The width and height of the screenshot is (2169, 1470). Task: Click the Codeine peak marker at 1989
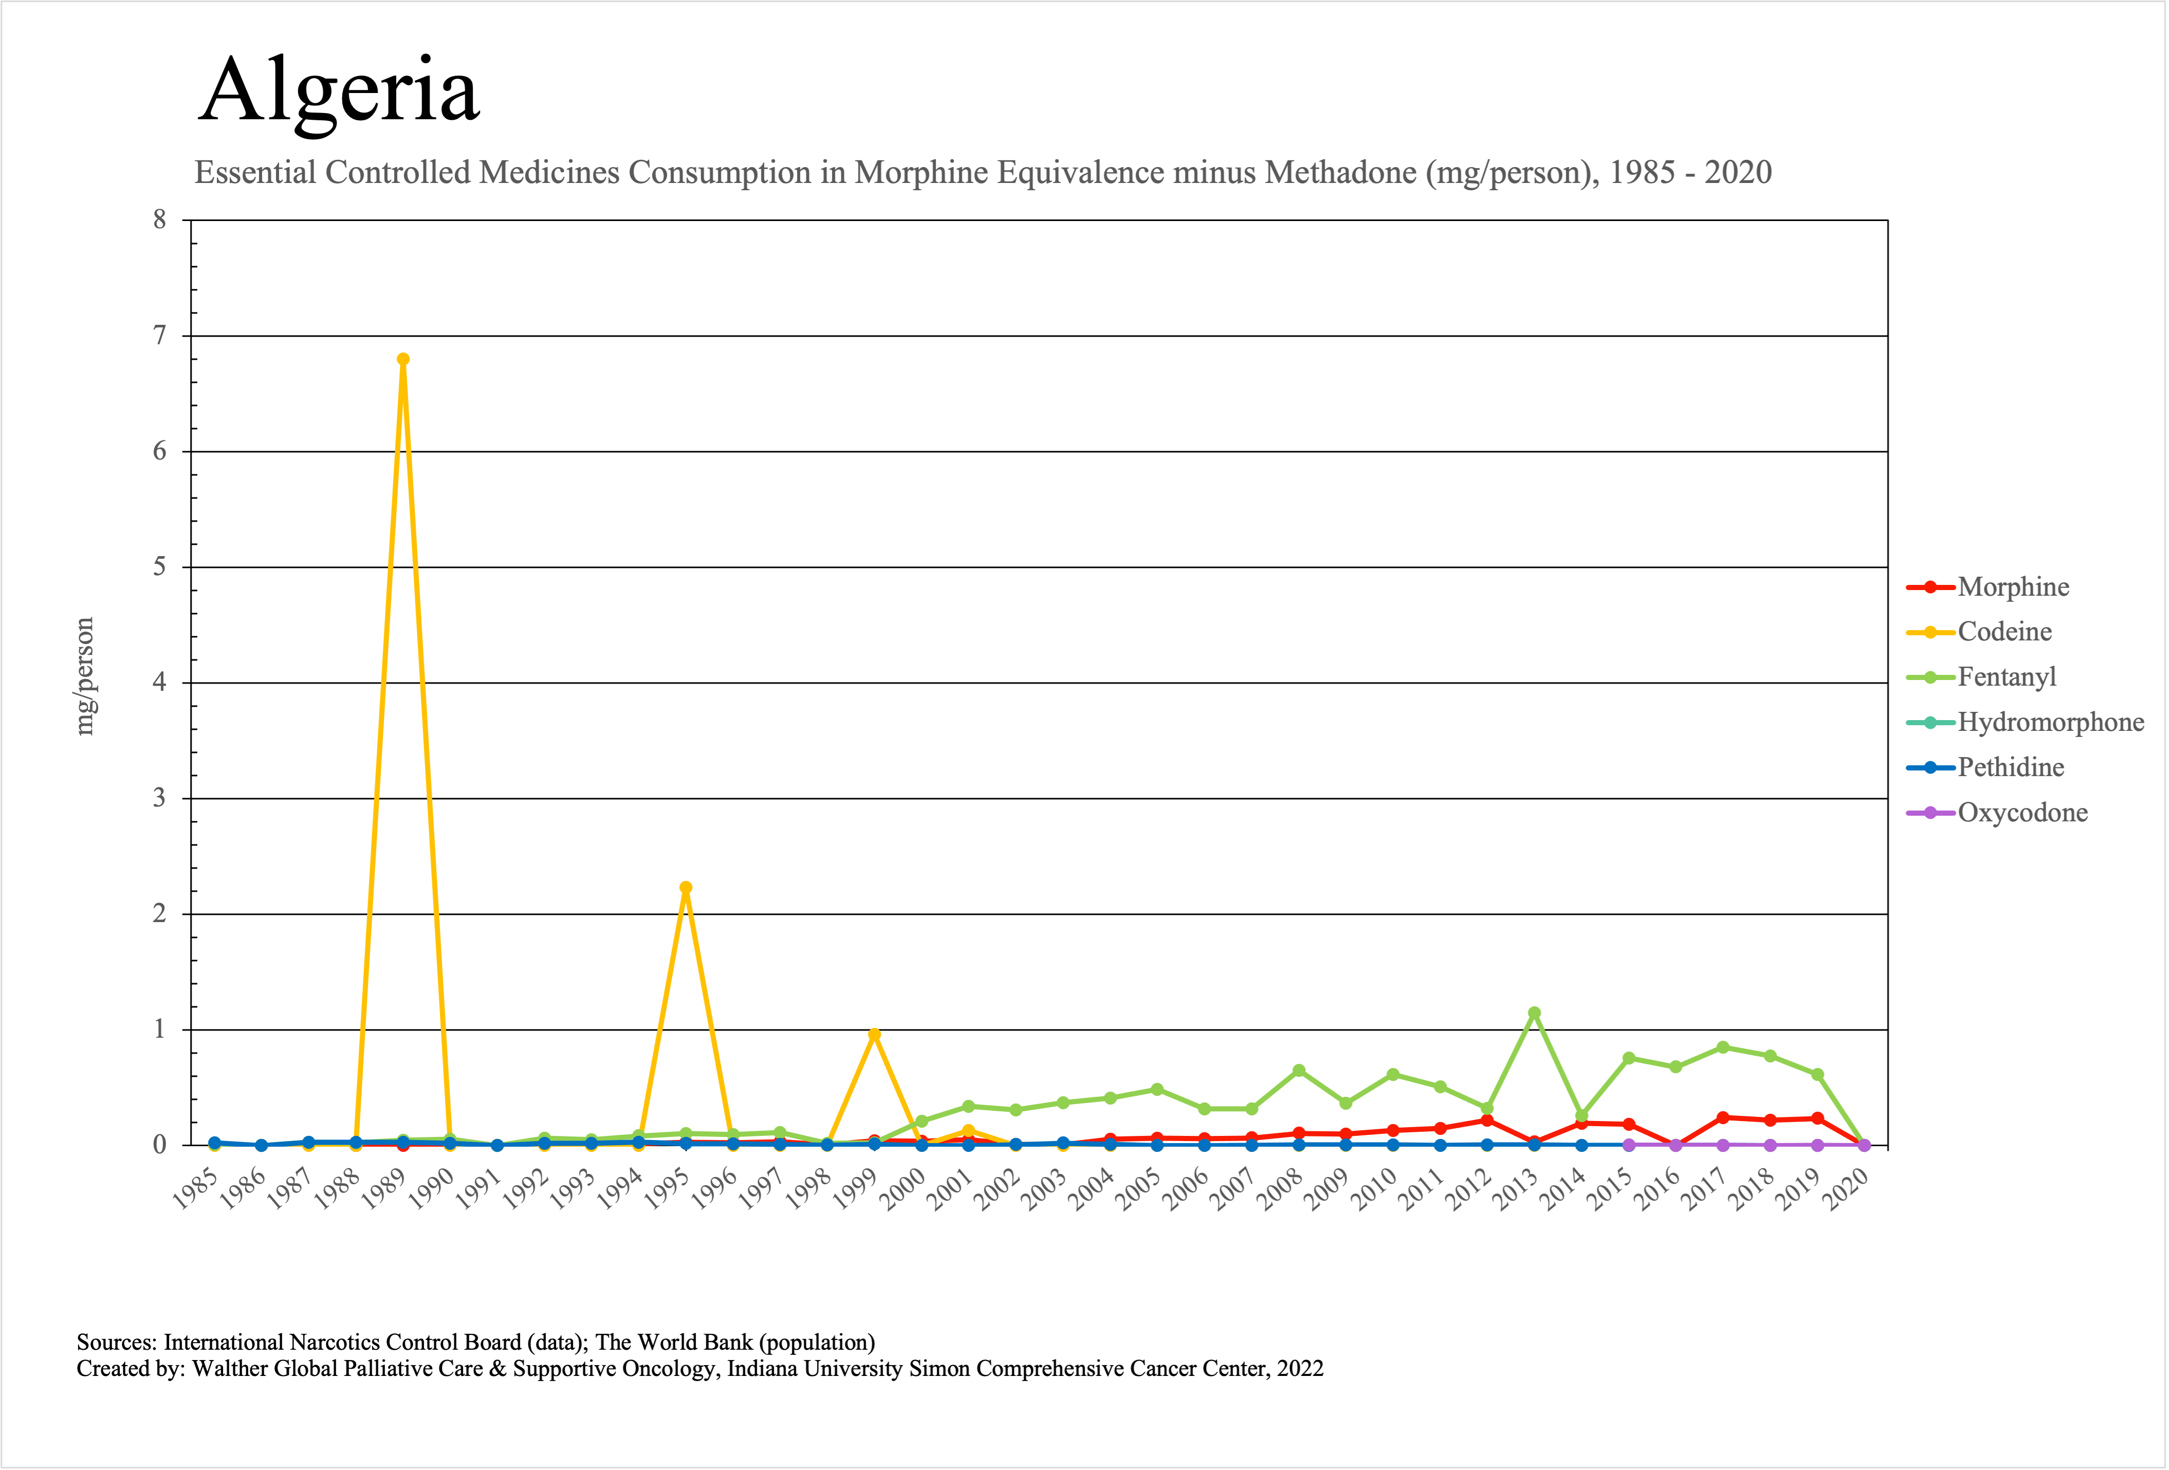[x=403, y=359]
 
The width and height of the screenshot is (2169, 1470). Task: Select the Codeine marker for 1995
[x=686, y=888]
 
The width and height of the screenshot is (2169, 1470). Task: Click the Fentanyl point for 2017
[x=1723, y=1047]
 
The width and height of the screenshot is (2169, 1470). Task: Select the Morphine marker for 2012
[x=1487, y=1120]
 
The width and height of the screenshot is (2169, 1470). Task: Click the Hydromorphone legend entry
[x=2050, y=722]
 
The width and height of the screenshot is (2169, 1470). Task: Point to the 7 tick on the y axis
[x=160, y=335]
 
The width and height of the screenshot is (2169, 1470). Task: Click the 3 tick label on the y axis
[x=160, y=798]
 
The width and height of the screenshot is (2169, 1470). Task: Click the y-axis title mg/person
[x=85, y=677]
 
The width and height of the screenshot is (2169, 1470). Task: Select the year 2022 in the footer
[x=1299, y=1368]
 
